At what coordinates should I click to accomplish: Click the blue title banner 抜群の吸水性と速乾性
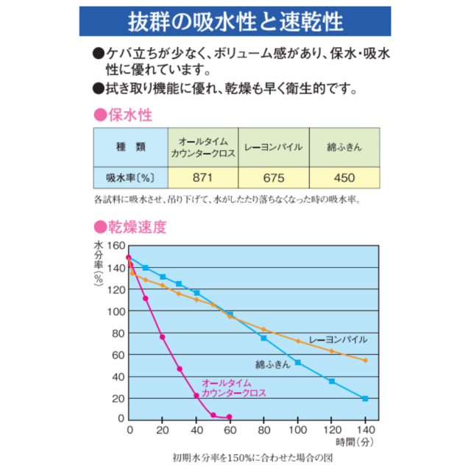coord(235,21)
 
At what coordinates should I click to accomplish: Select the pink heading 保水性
coord(132,115)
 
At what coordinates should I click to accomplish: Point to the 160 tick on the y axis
coord(116,246)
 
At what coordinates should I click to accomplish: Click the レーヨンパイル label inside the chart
coord(338,339)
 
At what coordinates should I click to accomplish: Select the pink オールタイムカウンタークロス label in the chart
coord(234,388)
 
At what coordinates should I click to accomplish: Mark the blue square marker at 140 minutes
coord(365,398)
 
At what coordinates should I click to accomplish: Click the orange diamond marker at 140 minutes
coord(365,361)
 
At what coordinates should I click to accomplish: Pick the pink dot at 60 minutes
coord(229,417)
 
